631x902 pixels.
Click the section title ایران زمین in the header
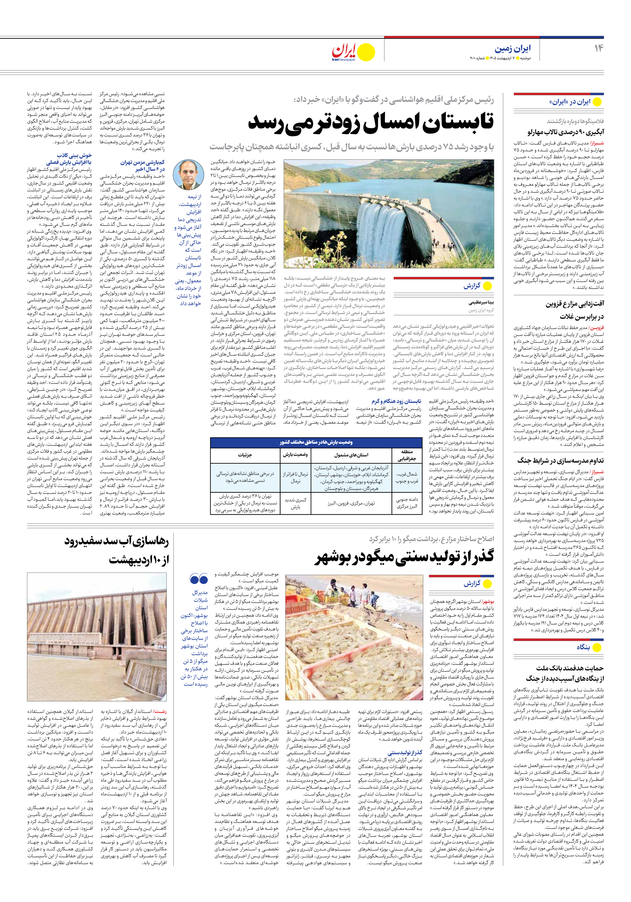[512, 49]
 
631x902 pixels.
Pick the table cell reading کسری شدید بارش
[296, 503]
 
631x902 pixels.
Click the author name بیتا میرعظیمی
[481, 303]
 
